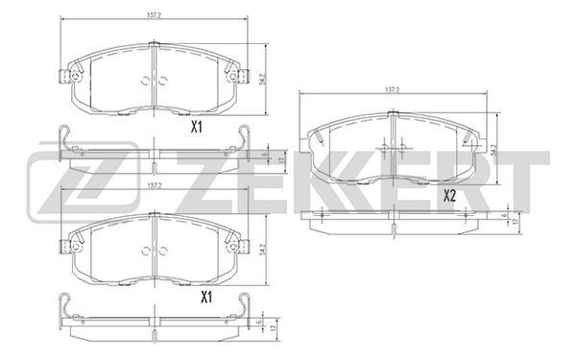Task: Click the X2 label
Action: point(449,196)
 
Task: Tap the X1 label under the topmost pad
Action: point(197,128)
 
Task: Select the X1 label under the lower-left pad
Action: point(206,298)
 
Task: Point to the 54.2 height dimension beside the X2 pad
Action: point(493,150)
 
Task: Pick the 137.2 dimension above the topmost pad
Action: point(155,15)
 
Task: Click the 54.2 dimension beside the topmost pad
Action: point(261,79)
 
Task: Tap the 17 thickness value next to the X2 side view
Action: point(516,222)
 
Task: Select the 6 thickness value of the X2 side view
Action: point(506,215)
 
